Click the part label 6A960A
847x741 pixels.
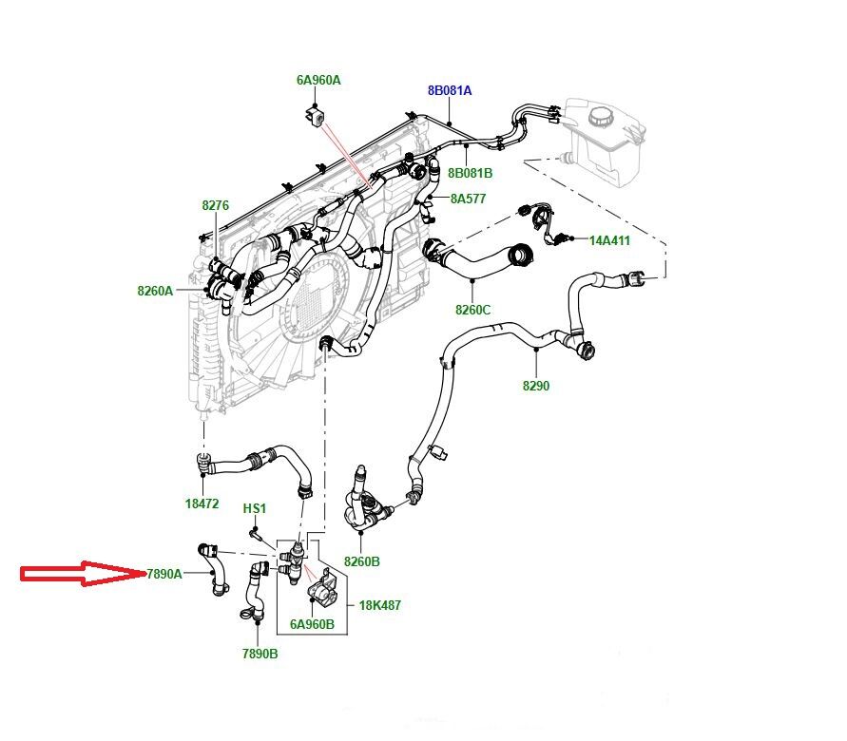[x=318, y=81]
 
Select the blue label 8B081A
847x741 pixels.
[x=449, y=91]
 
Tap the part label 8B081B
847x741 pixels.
[x=471, y=173]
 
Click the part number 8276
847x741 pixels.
[x=215, y=205]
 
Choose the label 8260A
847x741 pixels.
[x=155, y=291]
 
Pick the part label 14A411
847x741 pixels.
[x=609, y=240]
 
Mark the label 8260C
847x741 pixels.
[x=472, y=310]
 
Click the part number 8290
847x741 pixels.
[x=535, y=386]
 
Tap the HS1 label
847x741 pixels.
[x=254, y=508]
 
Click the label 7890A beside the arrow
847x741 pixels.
[x=164, y=574]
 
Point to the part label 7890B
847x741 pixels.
[x=260, y=654]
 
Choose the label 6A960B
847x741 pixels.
[x=312, y=624]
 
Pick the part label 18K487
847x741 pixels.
[x=379, y=605]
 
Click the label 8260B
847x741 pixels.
[x=361, y=561]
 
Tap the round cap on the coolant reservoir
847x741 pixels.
[x=601, y=118]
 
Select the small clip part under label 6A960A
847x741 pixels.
[x=315, y=116]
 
